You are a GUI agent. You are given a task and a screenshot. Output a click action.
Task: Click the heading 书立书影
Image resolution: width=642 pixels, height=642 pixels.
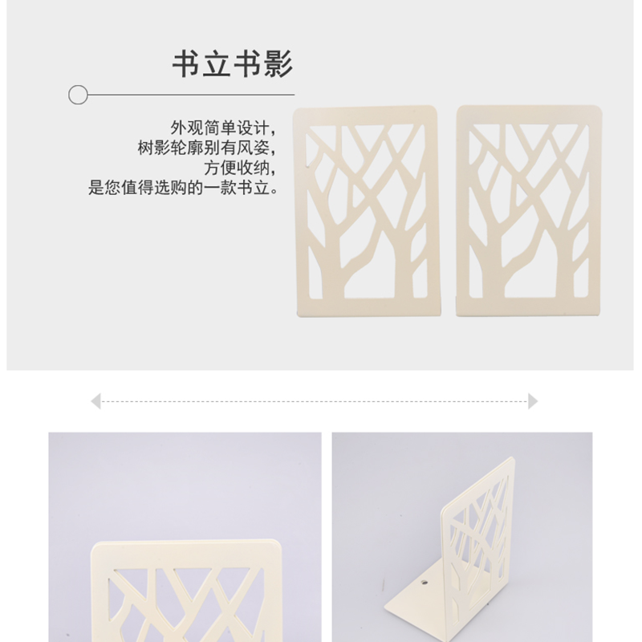coord(233,64)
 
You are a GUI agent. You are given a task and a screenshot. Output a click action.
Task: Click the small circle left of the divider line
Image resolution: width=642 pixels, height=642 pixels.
coord(78,95)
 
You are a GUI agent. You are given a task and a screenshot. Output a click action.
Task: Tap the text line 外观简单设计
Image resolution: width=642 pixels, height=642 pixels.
coord(223,128)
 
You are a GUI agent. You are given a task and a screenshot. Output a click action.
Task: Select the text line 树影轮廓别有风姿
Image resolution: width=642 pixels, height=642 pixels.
coord(207,148)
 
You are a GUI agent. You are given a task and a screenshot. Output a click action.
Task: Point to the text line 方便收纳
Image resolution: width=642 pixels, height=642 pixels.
coord(240,168)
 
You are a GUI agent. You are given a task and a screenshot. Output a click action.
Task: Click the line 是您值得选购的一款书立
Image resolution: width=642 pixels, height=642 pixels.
coord(184,188)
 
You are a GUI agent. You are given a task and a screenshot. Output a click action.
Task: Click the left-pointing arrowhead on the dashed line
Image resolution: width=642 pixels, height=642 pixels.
coord(95,401)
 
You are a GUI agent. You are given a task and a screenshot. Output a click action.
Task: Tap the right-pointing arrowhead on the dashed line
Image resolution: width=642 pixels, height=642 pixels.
coord(533,401)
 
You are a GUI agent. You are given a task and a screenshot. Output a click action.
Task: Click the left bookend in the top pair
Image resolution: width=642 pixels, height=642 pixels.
coord(367,211)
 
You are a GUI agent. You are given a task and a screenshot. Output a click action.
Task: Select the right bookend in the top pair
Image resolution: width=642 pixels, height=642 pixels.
coord(529,211)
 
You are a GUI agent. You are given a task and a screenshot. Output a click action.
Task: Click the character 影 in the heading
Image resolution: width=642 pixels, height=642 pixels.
coord(278,64)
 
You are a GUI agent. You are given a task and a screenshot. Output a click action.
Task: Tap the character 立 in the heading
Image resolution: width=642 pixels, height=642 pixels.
coord(217,64)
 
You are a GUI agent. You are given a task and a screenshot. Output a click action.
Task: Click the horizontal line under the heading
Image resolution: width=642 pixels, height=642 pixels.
coord(191,95)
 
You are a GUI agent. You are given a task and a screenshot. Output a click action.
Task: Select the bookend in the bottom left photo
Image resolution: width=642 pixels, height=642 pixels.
coord(186,591)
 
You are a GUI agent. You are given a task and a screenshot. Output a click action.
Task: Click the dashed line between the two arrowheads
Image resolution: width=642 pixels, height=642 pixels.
coord(315,401)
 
